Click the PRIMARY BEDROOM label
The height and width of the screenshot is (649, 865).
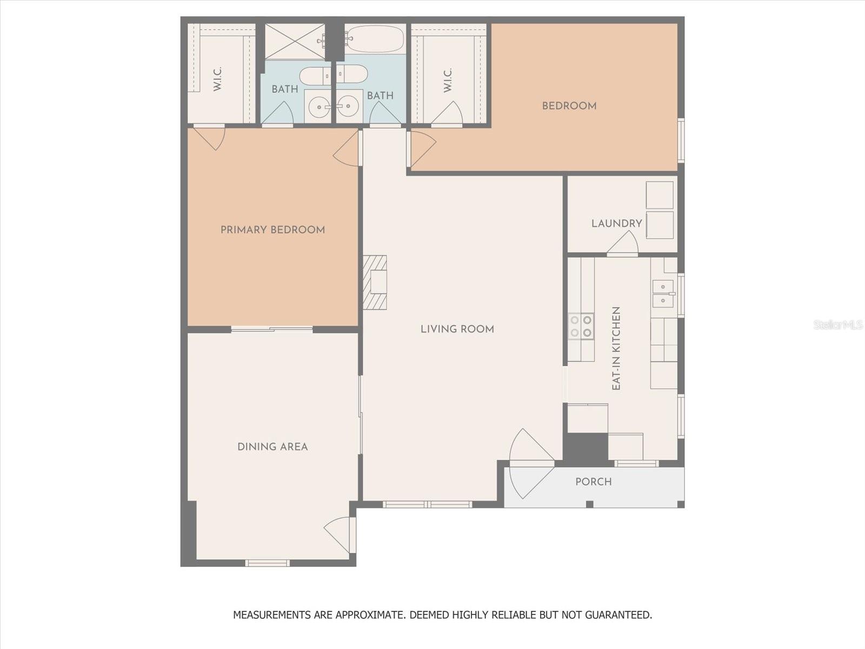(x=272, y=230)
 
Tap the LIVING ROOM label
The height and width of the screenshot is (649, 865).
(x=457, y=329)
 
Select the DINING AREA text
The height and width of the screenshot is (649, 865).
(x=272, y=447)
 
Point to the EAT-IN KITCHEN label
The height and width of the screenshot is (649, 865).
(x=616, y=348)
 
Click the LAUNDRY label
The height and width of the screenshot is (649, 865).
(x=617, y=223)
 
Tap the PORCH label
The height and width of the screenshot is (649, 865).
(x=594, y=481)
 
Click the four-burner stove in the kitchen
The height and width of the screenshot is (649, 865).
(x=581, y=326)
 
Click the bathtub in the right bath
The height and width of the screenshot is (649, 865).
(x=375, y=39)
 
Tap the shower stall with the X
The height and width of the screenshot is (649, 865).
(x=295, y=42)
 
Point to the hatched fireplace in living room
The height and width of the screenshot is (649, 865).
(x=375, y=282)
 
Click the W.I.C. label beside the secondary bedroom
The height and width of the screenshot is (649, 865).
(x=447, y=81)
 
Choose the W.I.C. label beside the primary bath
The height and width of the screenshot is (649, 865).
(x=217, y=79)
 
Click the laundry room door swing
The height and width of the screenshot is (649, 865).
(x=622, y=243)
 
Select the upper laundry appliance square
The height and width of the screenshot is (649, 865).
(x=660, y=195)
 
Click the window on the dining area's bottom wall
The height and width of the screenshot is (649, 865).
(x=268, y=563)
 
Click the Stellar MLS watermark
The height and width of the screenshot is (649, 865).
(x=837, y=325)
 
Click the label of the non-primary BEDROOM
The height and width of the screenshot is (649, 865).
(x=569, y=105)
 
